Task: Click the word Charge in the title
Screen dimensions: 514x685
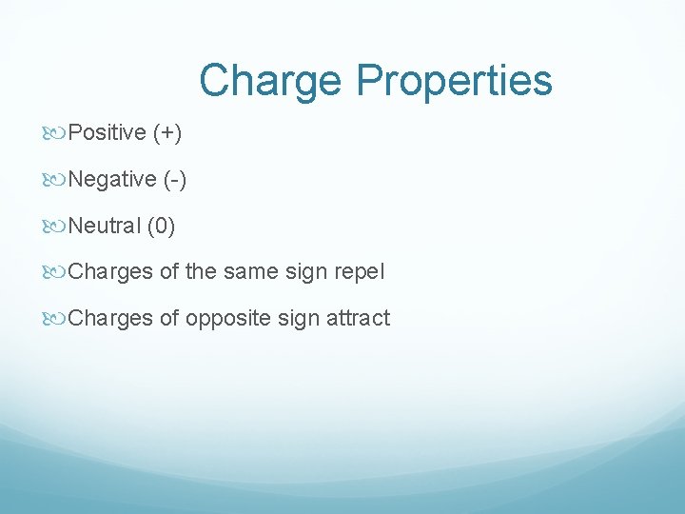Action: coord(272,80)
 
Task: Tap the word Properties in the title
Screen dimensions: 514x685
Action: coord(454,82)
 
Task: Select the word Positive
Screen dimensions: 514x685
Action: coord(107,132)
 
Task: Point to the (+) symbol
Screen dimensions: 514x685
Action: coord(166,132)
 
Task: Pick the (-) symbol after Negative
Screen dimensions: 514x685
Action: coord(175,179)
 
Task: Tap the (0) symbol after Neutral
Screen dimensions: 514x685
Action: coord(161,226)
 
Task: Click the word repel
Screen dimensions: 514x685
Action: coord(358,272)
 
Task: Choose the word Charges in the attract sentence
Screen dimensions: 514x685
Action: coord(110,318)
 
